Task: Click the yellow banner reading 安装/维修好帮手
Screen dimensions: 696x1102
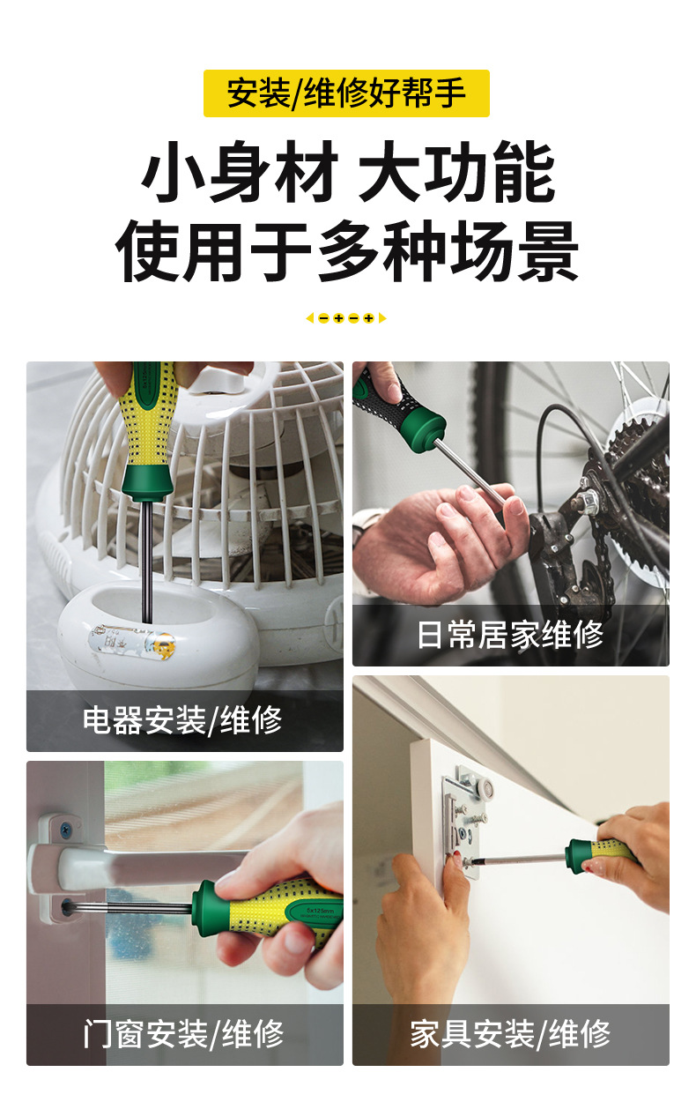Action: tap(346, 93)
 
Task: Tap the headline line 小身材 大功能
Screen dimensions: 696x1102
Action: tap(348, 172)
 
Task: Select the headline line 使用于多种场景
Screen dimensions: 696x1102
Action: tap(347, 251)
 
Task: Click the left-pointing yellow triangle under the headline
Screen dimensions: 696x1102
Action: tap(309, 318)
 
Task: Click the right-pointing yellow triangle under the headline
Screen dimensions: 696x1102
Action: tap(382, 318)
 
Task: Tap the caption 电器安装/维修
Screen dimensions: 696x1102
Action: tap(182, 720)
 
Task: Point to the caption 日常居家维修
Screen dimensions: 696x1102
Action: tap(510, 635)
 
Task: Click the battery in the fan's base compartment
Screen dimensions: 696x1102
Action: tap(132, 642)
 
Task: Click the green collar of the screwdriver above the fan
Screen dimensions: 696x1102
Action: tap(147, 483)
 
